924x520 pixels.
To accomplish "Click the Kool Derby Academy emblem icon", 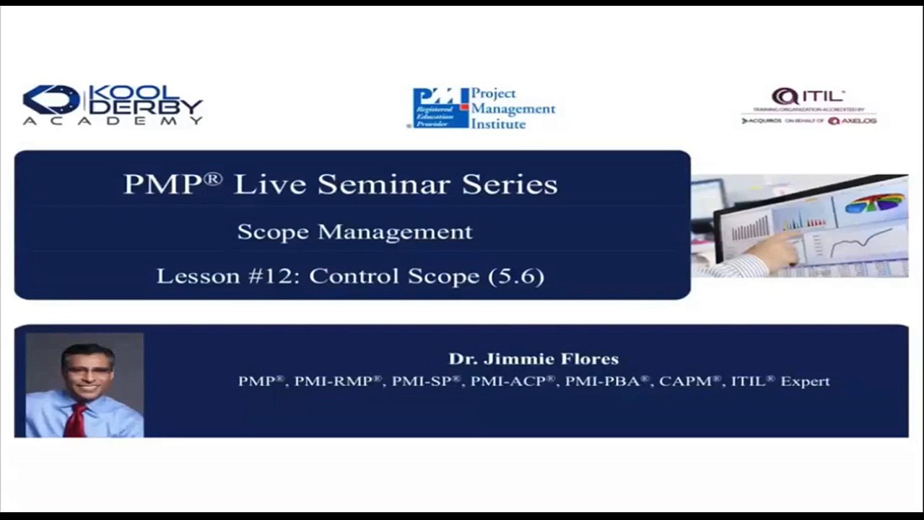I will click(51, 100).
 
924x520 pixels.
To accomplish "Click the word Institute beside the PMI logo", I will click(499, 124).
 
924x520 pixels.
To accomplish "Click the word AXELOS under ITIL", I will click(858, 121).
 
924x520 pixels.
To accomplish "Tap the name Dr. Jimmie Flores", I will click(533, 359).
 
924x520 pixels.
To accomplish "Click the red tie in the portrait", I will click(75, 420).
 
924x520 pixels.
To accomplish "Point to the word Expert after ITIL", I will click(805, 381).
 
